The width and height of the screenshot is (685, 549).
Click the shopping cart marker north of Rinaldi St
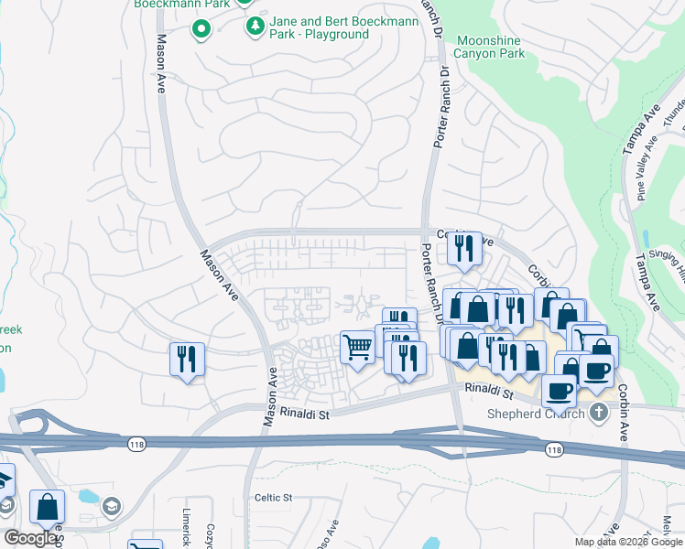click(x=357, y=347)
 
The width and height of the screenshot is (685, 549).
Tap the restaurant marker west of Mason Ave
click(x=187, y=359)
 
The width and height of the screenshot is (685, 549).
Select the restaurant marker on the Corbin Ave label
click(x=464, y=248)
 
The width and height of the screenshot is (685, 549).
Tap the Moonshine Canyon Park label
click(x=491, y=48)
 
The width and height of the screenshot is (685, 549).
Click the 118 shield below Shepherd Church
click(x=554, y=449)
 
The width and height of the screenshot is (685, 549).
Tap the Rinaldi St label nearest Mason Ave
click(x=304, y=414)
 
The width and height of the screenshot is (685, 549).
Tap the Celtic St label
click(x=273, y=498)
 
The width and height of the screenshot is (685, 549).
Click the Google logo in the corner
click(x=30, y=538)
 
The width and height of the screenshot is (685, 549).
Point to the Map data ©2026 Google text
click(x=628, y=542)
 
